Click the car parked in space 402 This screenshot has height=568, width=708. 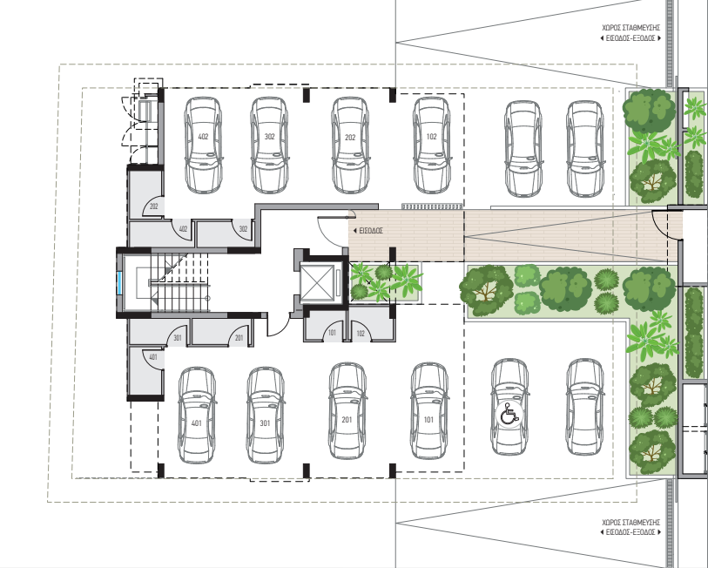tap(203, 145)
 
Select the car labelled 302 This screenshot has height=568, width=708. tap(269, 145)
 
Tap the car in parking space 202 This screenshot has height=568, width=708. tap(350, 145)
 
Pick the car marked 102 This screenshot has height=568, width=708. tap(432, 145)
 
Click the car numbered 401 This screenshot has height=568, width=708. tap(197, 416)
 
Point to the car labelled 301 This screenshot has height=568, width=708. tap(265, 416)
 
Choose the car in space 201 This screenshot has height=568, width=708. tap(347, 411)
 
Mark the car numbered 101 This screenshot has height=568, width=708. tap(429, 411)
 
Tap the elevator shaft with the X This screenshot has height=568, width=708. tap(317, 282)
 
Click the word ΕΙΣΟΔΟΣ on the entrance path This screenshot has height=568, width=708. tap(371, 231)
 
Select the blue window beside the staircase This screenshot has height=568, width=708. tap(119, 282)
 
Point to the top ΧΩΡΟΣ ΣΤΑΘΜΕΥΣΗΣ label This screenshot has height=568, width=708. tap(630, 28)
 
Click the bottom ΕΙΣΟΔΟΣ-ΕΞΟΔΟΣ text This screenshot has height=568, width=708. tap(630, 532)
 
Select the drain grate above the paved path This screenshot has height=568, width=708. tap(432, 206)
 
